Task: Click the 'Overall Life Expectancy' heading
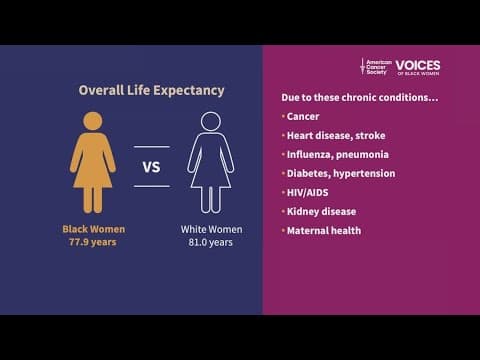coord(151,90)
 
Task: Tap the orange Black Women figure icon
coord(93,165)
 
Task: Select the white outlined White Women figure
coord(210,165)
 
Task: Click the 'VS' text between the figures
coord(152,167)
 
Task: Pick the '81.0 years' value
coord(211,242)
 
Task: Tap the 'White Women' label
coord(211,229)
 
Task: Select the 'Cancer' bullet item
coord(304,116)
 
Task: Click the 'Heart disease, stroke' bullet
coord(335,135)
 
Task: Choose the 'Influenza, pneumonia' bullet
coord(337,154)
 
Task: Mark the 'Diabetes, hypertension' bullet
coord(340,173)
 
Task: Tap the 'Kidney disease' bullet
coord(321,211)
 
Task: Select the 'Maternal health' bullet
coord(323,230)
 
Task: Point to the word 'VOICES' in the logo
coord(417,65)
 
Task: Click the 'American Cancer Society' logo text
coord(378,67)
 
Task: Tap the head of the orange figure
coord(93,121)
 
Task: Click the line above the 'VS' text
coord(152,148)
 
